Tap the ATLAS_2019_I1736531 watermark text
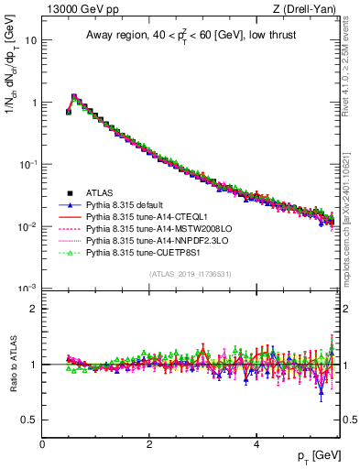pyautogui.click(x=191, y=274)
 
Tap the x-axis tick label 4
pyautogui.click(x=256, y=444)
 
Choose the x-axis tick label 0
pyautogui.click(x=42, y=444)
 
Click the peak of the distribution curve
pyautogui.click(x=74, y=96)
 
